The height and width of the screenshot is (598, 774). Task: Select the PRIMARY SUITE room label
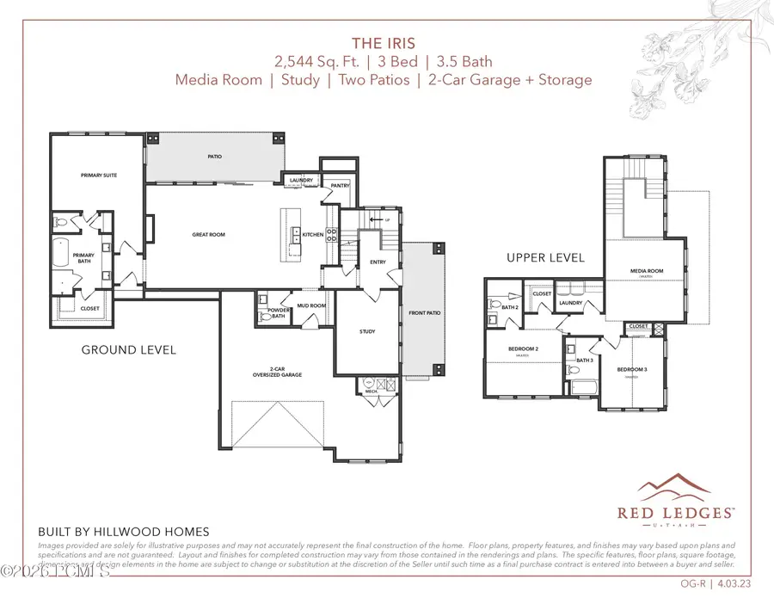[x=99, y=175]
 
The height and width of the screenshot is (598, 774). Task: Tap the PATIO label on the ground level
[x=214, y=157]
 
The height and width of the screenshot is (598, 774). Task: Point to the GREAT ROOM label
[x=208, y=234]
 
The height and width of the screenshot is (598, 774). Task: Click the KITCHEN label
[x=311, y=234]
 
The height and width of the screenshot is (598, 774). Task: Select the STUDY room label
[x=368, y=331]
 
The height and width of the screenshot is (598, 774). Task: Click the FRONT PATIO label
[x=424, y=313]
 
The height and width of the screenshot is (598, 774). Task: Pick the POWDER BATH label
[x=279, y=313]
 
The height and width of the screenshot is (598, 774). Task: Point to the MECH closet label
[x=372, y=391]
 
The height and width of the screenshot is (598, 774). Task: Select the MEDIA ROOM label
[x=647, y=272]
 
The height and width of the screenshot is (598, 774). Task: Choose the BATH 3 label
[x=586, y=360]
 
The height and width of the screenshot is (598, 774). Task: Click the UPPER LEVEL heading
[x=545, y=257]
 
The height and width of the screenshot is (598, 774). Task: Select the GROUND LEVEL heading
[x=128, y=349]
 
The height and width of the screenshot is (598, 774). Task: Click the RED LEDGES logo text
[x=675, y=512]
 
